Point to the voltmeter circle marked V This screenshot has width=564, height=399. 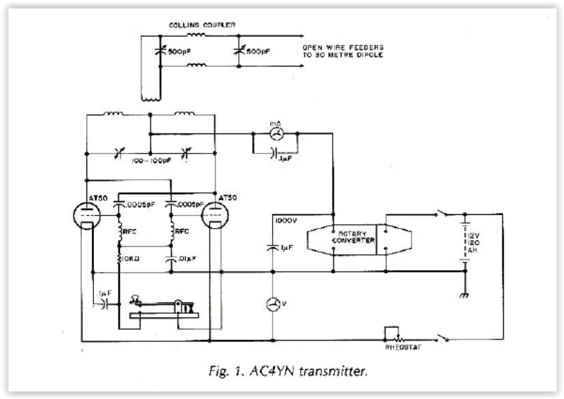coord(273,304)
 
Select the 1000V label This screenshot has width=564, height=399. coord(283,220)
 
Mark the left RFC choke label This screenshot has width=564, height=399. coord(130,231)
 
